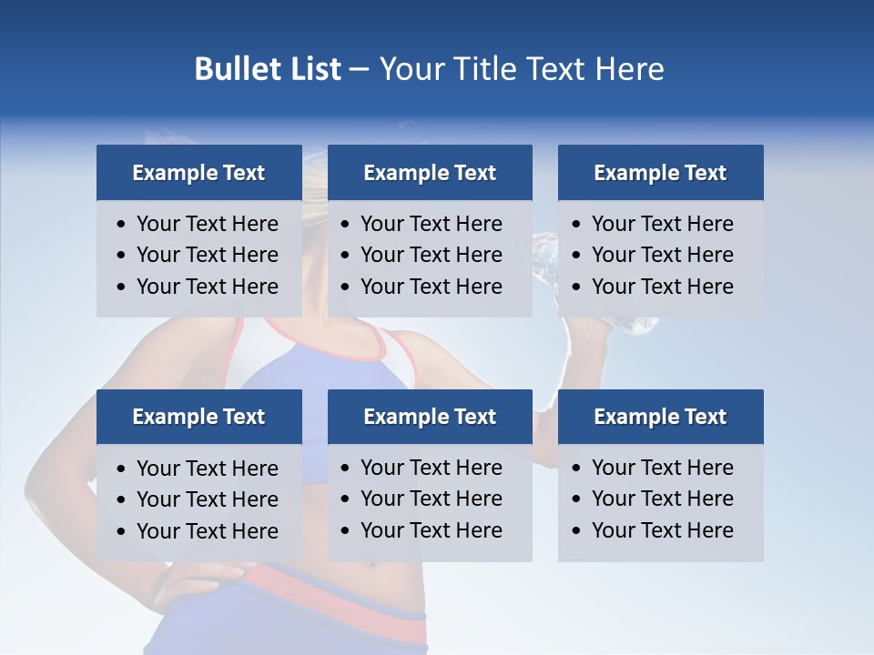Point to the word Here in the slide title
pos(629,69)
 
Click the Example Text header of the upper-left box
pos(198,173)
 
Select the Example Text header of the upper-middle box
pos(430,173)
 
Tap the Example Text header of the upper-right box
pos(660,173)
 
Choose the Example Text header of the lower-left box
pos(198,417)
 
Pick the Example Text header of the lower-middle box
pos(430,417)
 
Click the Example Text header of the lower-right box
pos(660,417)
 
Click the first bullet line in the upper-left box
pos(207,224)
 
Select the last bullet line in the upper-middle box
pos(431,287)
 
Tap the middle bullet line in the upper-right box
pos(662,255)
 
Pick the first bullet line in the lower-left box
pos(207,469)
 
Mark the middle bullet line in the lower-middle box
pos(431,499)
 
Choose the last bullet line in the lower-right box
pos(662,530)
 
